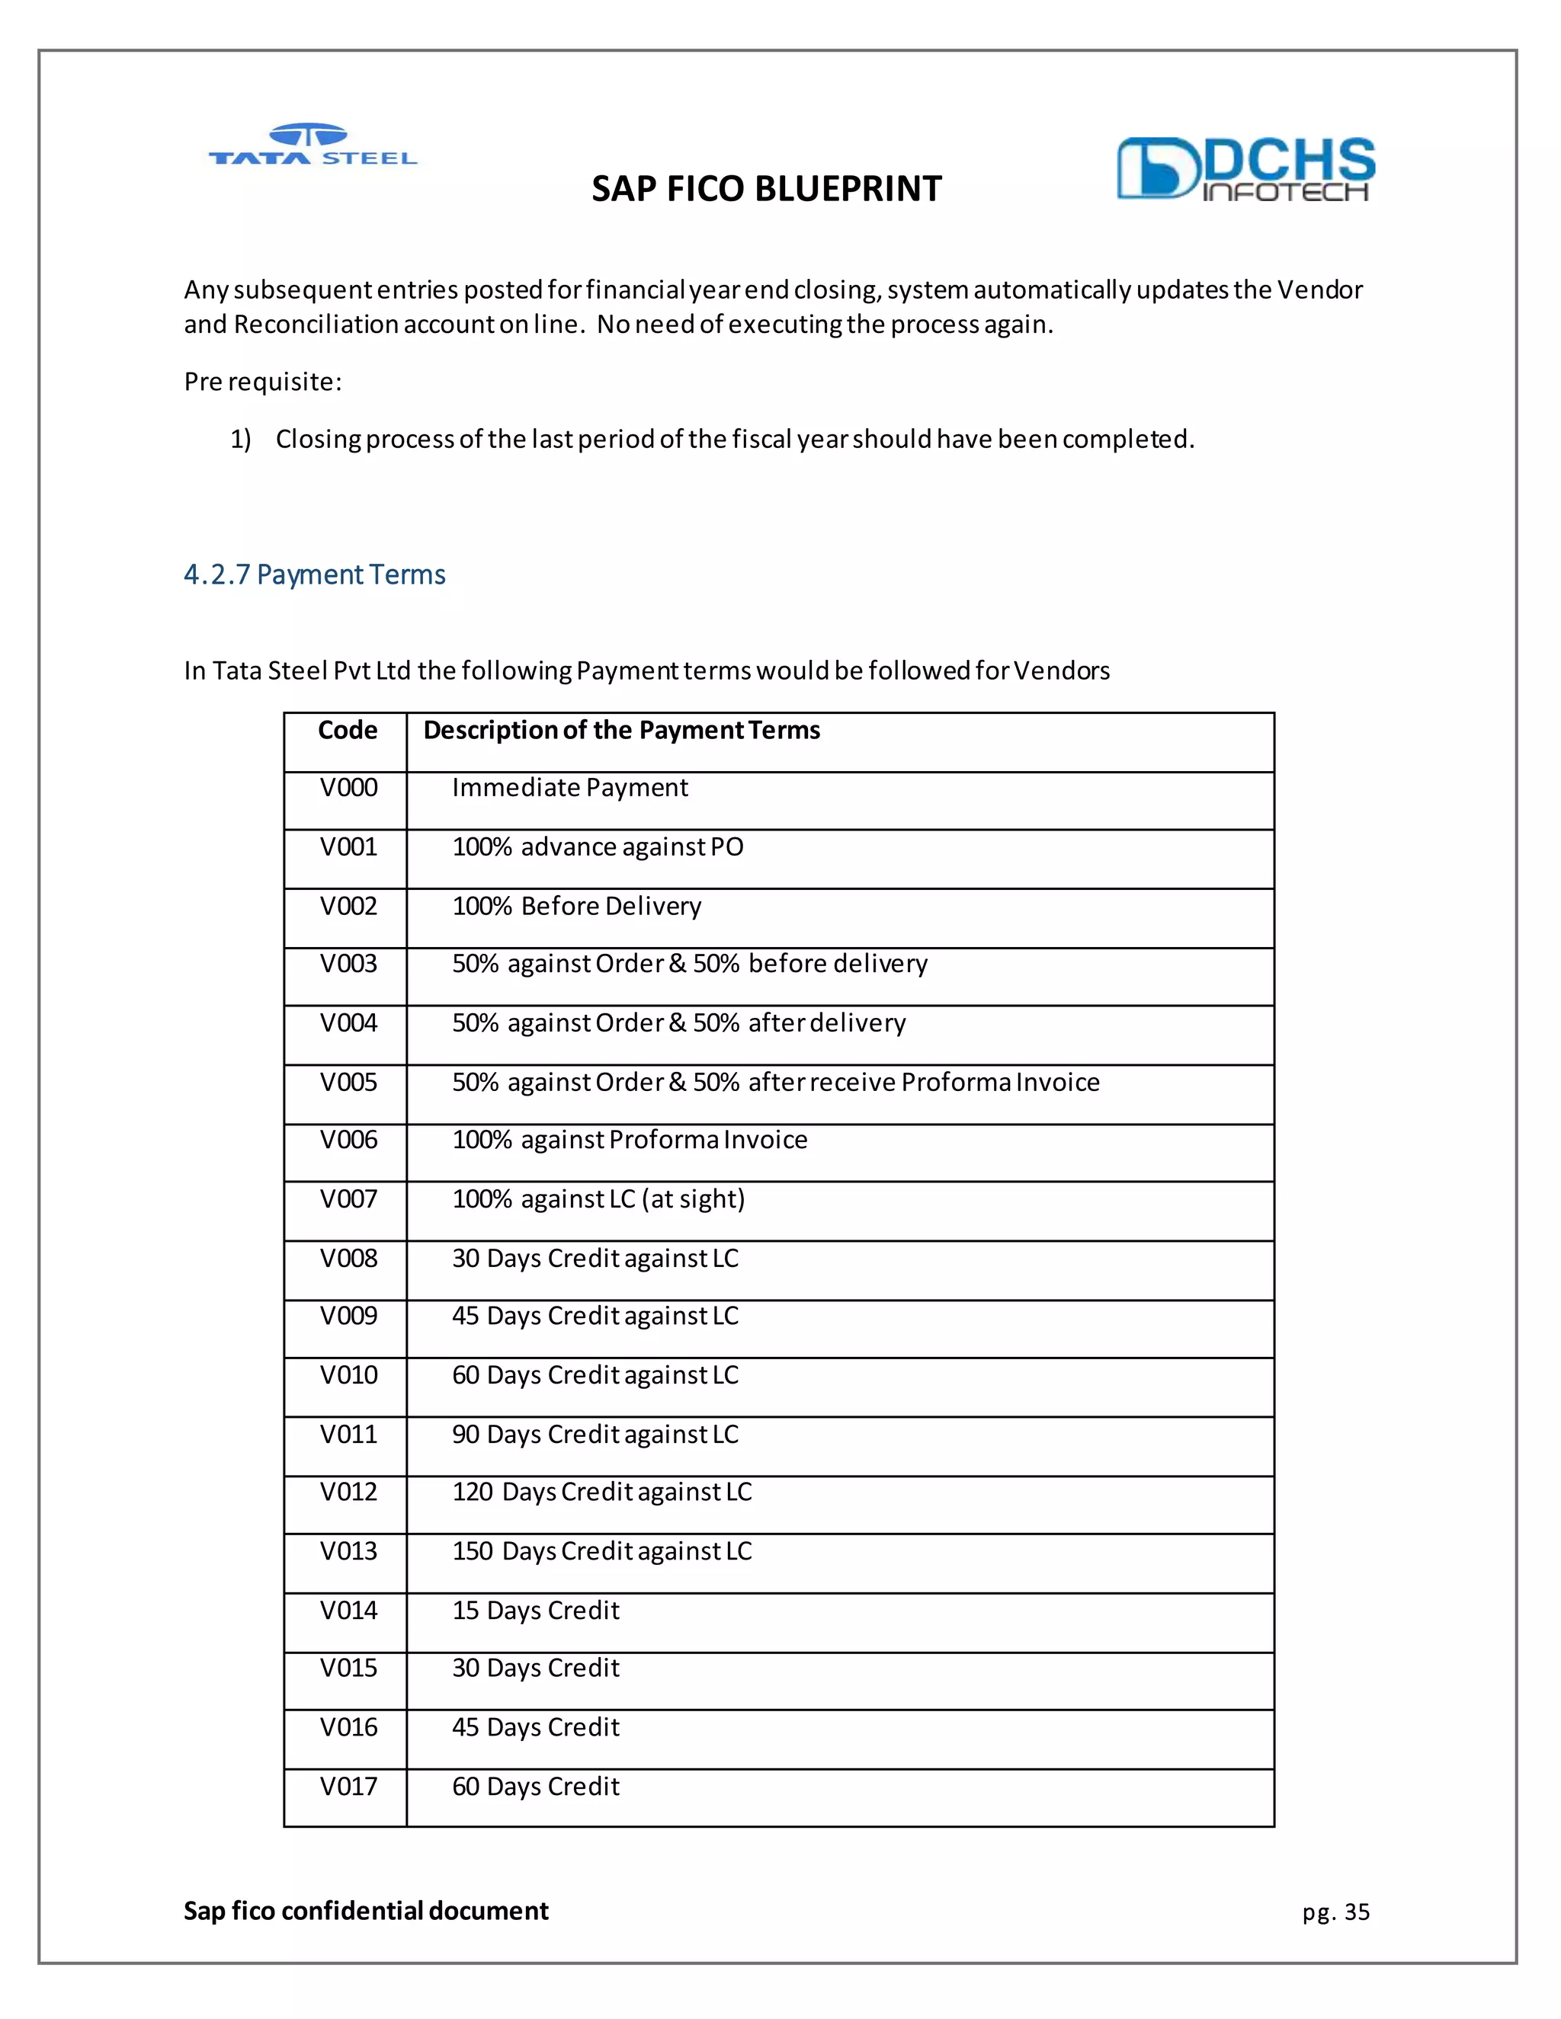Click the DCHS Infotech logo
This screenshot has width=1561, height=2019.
point(1245,169)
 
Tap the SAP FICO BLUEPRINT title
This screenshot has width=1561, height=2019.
point(767,189)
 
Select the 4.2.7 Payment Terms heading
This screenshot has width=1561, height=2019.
point(315,575)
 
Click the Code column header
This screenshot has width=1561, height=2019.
point(348,731)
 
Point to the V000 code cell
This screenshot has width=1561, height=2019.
point(348,788)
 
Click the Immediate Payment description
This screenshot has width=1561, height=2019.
point(569,788)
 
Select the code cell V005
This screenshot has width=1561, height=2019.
point(348,1082)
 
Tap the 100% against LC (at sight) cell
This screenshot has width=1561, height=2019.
point(598,1199)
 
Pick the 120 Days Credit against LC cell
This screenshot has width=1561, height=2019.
point(602,1492)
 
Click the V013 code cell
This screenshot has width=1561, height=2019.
point(348,1551)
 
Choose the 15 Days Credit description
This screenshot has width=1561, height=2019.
point(535,1611)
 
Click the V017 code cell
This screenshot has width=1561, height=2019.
point(348,1786)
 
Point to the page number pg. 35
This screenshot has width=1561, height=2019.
point(1335,1912)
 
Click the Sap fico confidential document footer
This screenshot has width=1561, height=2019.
point(366,1911)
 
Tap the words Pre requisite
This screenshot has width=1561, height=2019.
point(263,382)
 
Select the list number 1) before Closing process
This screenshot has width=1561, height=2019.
point(240,439)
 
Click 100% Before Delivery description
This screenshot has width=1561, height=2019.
point(577,906)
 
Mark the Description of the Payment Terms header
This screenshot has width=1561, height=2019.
point(621,731)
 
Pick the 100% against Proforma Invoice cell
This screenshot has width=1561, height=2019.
point(630,1140)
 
